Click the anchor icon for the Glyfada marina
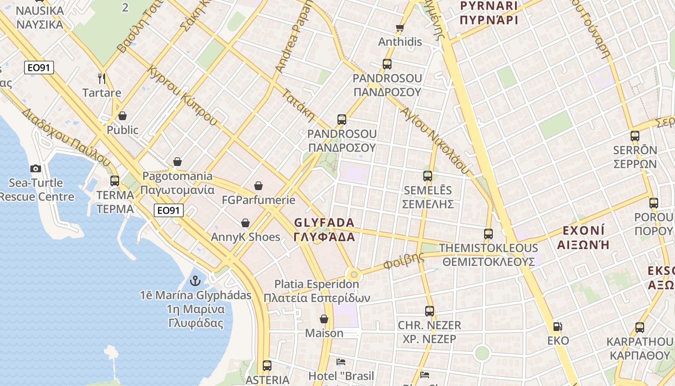(195, 280)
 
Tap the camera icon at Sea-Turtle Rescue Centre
(35, 168)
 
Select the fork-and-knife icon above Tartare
(101, 78)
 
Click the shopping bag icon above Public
(122, 116)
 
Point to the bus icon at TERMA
(115, 181)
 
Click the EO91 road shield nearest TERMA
(169, 210)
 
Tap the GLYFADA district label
(324, 230)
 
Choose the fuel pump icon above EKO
(557, 327)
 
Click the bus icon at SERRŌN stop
(635, 136)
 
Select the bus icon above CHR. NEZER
(430, 311)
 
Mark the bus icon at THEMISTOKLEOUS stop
(488, 234)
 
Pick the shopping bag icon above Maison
(324, 319)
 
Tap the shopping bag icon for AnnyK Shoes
(245, 223)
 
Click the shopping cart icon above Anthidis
(400, 28)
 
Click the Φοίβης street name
(404, 260)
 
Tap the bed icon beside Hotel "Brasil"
(341, 361)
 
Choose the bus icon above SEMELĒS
(428, 176)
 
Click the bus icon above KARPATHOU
(640, 328)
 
